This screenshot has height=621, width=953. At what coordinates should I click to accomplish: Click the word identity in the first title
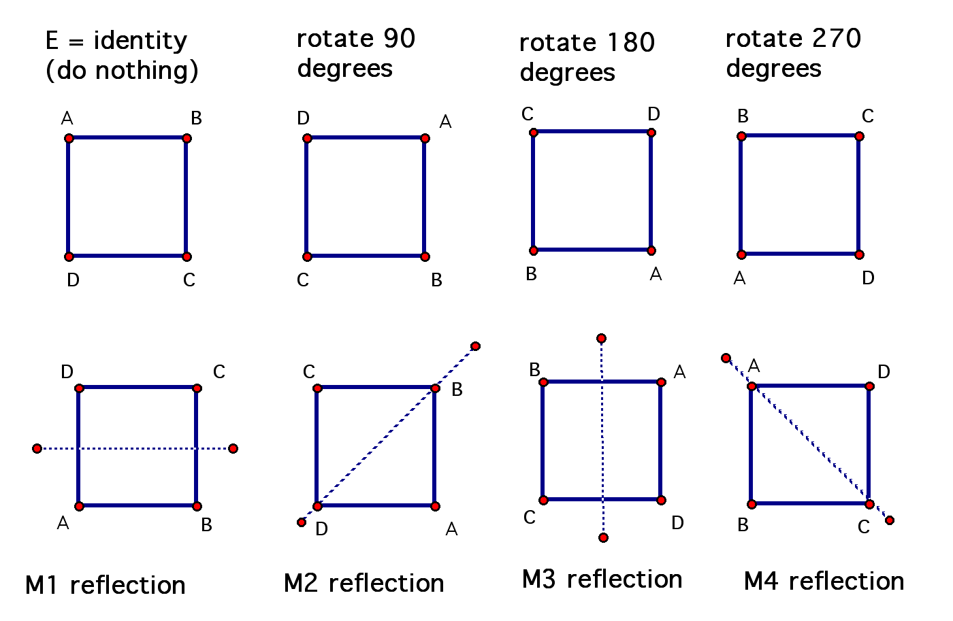click(140, 41)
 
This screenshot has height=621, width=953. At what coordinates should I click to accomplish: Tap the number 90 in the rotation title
click(399, 38)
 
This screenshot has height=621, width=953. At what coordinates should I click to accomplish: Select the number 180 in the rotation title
click(631, 42)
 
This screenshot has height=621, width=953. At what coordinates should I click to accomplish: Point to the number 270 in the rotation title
click(836, 38)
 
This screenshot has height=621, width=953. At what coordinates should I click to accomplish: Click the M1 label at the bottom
click(42, 585)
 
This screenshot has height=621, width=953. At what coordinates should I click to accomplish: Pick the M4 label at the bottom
click(761, 581)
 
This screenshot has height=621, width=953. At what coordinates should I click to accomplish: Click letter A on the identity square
click(67, 118)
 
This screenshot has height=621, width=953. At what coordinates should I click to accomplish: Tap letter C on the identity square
click(189, 280)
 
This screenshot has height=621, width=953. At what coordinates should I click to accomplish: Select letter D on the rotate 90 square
click(304, 118)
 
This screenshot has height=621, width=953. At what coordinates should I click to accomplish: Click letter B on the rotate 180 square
click(532, 274)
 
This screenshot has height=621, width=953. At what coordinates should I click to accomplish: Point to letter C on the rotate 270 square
click(868, 116)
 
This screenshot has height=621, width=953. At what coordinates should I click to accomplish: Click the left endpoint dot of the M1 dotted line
click(37, 448)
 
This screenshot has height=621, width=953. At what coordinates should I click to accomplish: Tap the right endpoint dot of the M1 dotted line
click(233, 448)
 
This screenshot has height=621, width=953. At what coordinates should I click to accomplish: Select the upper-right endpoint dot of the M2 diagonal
click(476, 346)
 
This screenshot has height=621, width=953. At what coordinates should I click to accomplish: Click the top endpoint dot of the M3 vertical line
click(601, 338)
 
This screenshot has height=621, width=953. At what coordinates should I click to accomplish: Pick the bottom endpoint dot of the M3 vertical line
click(603, 538)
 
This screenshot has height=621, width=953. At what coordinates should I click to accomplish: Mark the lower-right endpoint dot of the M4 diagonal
click(890, 520)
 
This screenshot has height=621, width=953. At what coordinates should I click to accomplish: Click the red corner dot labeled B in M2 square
click(435, 388)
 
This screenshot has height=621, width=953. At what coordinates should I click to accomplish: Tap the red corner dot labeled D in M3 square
click(661, 501)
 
